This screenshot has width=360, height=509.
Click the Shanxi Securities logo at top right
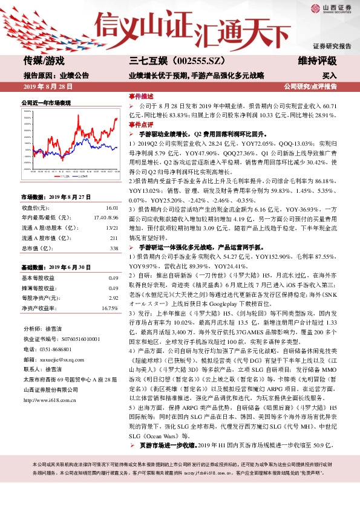click(x=332, y=9)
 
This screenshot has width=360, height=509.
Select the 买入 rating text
click(x=329, y=76)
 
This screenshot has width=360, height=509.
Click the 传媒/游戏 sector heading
click(x=44, y=60)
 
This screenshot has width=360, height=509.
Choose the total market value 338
click(x=113, y=248)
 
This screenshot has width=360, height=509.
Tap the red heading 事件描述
click(x=140, y=96)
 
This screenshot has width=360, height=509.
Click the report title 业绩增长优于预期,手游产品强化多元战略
click(x=197, y=76)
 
